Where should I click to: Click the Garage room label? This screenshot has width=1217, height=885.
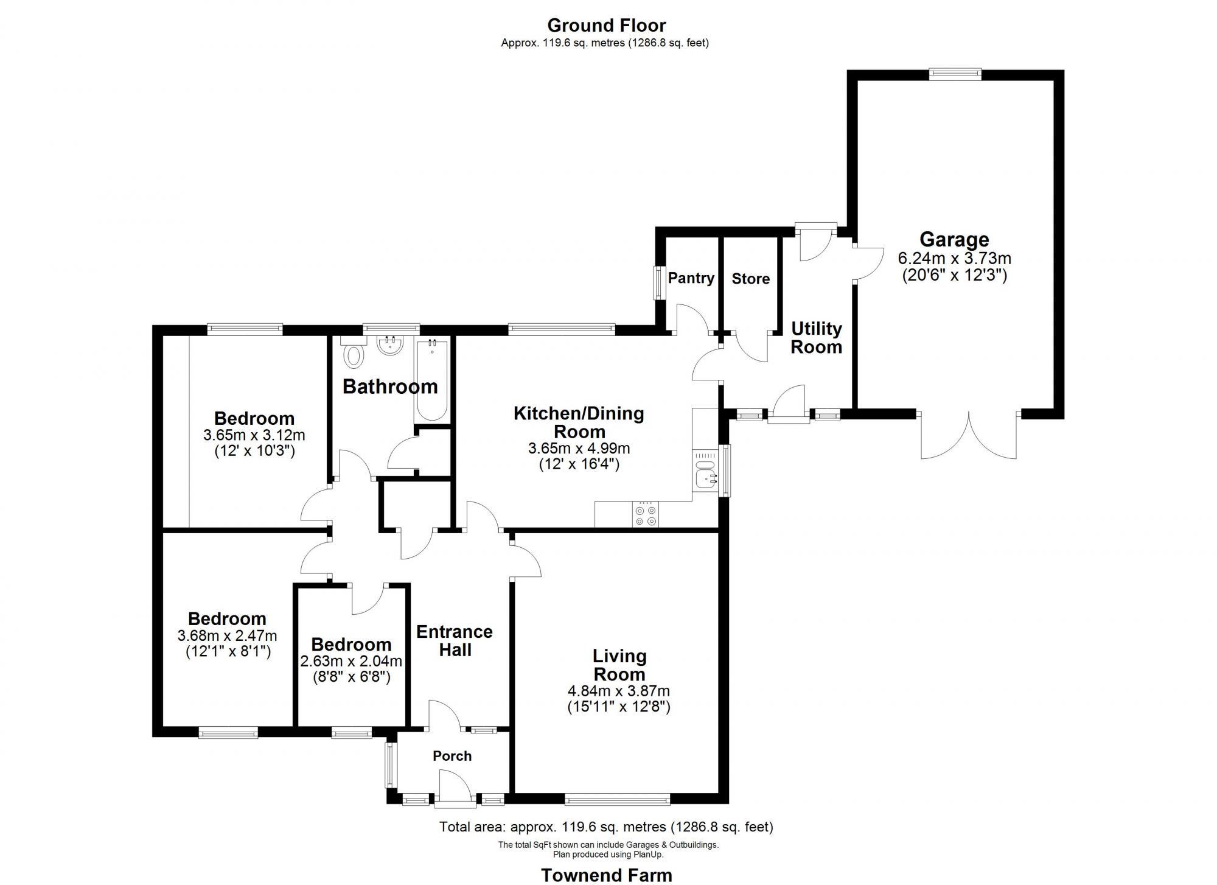pyautogui.click(x=954, y=239)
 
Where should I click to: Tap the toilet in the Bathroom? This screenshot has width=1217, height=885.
pyautogui.click(x=353, y=355)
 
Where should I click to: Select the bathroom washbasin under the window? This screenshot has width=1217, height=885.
pyautogui.click(x=390, y=346)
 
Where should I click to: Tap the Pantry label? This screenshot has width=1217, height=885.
pyautogui.click(x=691, y=278)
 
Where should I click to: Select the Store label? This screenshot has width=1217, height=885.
pyautogui.click(x=750, y=279)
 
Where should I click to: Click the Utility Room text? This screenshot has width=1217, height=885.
pyautogui.click(x=816, y=338)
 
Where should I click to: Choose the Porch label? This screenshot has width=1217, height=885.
pyautogui.click(x=452, y=756)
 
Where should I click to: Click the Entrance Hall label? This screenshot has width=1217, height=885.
pyautogui.click(x=455, y=640)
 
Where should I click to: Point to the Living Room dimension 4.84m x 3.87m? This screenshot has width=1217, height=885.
pyautogui.click(x=619, y=691)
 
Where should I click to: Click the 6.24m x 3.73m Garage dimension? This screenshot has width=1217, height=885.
pyautogui.click(x=954, y=258)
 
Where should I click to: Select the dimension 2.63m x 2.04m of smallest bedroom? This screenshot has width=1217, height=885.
pyautogui.click(x=351, y=661)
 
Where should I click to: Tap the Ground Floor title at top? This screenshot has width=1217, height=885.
pyautogui.click(x=606, y=26)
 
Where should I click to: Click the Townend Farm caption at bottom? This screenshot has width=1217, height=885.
pyautogui.click(x=607, y=875)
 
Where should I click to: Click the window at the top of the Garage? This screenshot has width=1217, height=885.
pyautogui.click(x=955, y=74)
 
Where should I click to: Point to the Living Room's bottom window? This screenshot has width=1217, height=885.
pyautogui.click(x=617, y=799)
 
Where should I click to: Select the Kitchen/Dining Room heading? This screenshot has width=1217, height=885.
pyautogui.click(x=579, y=422)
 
